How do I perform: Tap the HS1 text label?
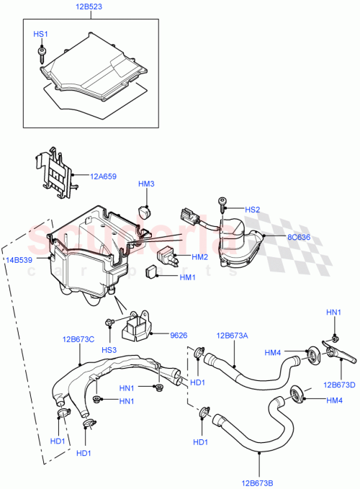click(41, 34)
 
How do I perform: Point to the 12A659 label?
click(105, 175)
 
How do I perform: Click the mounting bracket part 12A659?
click(53, 173)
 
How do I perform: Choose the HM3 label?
click(146, 184)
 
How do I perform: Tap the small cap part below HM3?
click(146, 212)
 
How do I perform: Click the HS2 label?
click(252, 210)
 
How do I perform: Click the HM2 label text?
click(199, 257)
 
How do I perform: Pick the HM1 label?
click(186, 277)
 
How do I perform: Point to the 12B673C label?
click(78, 337)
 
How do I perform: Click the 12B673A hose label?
click(233, 336)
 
